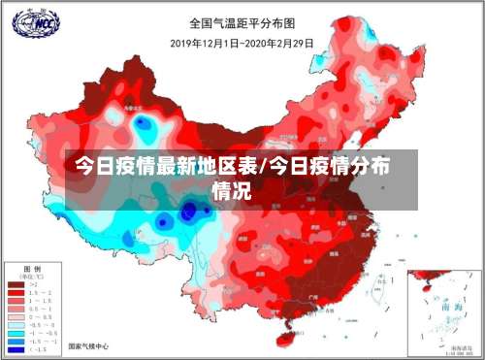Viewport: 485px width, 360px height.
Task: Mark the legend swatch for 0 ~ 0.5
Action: click(17, 315)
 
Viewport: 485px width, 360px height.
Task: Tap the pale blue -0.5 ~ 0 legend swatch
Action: click(17, 324)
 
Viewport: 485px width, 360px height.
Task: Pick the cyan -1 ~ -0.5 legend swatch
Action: click(17, 333)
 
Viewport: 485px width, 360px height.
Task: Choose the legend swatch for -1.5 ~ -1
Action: click(17, 342)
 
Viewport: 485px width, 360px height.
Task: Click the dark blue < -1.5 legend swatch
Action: click(17, 350)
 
